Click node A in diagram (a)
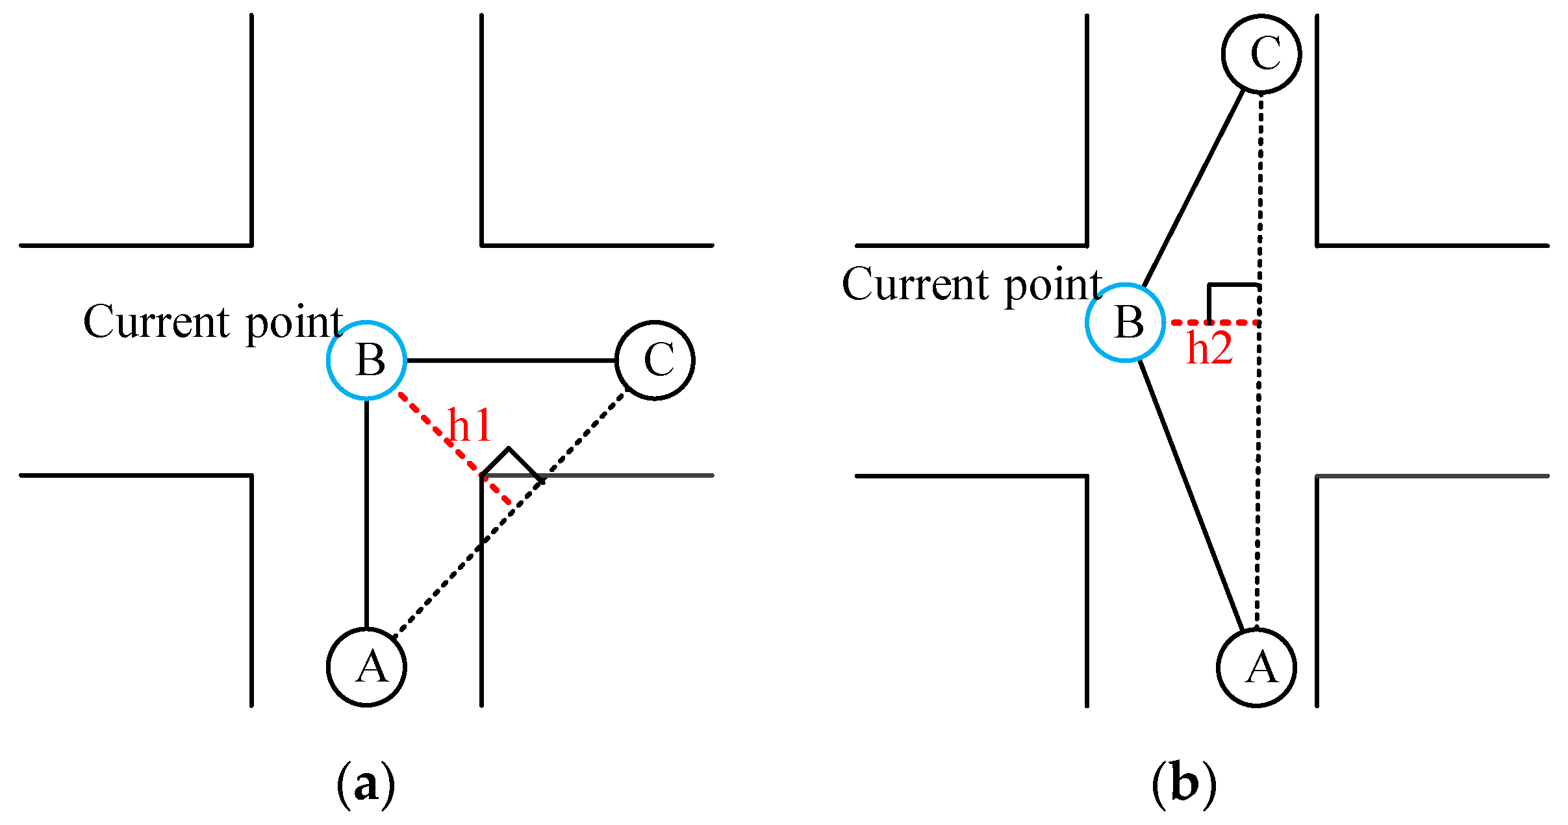(x=366, y=667)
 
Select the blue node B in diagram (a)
(x=366, y=360)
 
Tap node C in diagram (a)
(x=655, y=360)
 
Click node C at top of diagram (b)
(x=1261, y=53)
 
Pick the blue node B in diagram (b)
(x=1125, y=323)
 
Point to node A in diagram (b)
(x=1256, y=667)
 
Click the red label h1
(x=470, y=426)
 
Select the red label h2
(x=1209, y=349)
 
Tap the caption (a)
(x=366, y=784)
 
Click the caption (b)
(x=1183, y=784)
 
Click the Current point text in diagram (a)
(x=213, y=322)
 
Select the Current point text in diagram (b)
(x=972, y=285)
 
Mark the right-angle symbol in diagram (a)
(x=511, y=463)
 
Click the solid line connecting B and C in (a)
(x=511, y=360)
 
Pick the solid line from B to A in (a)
(x=367, y=513)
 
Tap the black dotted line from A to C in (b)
(x=1259, y=454)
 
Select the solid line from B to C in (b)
(x=1194, y=188)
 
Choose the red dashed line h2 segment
(x=1215, y=323)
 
